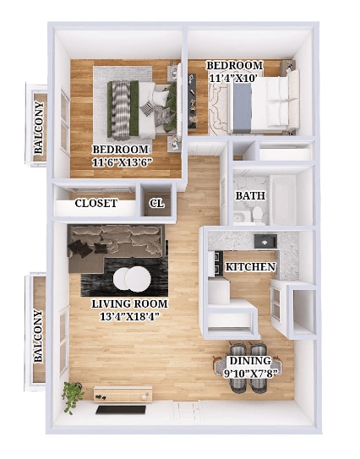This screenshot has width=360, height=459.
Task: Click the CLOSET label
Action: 95,203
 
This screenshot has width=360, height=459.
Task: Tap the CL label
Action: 156,203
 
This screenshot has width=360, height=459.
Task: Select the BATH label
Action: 249,196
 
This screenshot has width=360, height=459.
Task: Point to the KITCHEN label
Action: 250,267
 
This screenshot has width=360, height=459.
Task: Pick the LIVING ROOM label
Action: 129,303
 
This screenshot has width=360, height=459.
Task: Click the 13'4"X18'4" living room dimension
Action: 129,317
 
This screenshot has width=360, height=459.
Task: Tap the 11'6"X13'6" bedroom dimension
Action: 121,162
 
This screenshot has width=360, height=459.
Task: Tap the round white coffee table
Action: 133,278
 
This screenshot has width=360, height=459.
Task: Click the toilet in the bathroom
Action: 257,214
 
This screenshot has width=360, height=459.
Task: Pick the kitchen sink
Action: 265,242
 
